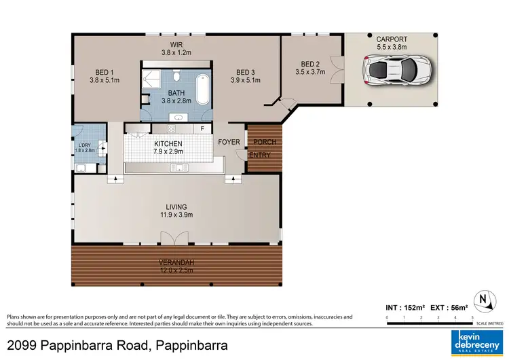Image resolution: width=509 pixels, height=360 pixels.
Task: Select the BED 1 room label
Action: coord(104,76)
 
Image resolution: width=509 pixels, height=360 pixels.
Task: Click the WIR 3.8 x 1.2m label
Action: coord(176,47)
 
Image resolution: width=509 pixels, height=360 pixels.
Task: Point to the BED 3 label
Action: coord(245,76)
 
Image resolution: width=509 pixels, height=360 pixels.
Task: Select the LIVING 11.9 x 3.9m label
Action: coord(176,211)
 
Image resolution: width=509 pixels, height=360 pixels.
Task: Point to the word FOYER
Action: coord(229,143)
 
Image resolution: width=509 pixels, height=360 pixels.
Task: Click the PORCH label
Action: coord(264,142)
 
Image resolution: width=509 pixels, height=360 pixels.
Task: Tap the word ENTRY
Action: coord(260,155)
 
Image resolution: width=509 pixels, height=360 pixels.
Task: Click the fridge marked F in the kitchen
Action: coord(202,128)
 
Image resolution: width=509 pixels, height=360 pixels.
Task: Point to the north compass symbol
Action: coord(483,300)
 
